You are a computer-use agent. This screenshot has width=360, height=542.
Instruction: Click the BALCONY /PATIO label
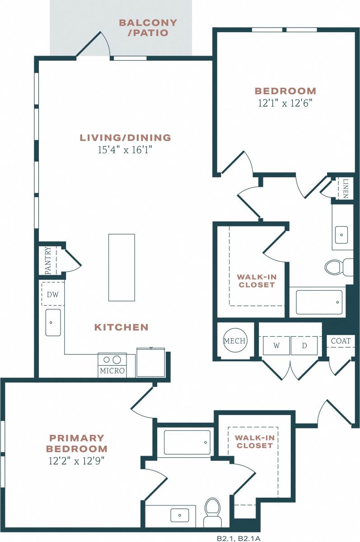[148, 28]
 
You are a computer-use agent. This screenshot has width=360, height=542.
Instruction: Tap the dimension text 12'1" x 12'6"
[285, 103]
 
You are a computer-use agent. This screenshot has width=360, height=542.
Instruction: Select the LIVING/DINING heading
[125, 137]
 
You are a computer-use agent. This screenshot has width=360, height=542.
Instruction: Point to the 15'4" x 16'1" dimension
[125, 150]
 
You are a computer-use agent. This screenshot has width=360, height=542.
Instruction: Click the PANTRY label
[48, 260]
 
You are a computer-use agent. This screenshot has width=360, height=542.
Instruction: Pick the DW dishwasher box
[52, 294]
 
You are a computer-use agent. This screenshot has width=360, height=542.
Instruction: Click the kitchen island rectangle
[122, 267]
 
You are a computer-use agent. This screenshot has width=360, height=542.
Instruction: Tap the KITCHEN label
[121, 327]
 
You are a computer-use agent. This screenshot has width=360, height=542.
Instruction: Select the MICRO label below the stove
[112, 371]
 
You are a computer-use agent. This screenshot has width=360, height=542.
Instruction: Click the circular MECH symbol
[235, 341]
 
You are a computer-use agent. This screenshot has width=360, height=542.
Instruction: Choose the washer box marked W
[276, 346]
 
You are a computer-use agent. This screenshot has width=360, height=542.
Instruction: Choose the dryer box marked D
[304, 346]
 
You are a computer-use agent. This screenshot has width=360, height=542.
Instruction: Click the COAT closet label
[341, 341]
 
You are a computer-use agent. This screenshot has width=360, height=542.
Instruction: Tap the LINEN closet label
[346, 189]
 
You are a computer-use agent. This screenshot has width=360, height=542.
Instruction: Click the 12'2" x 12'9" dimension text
[78, 461]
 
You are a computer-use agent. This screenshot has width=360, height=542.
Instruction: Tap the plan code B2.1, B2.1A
[238, 538]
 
